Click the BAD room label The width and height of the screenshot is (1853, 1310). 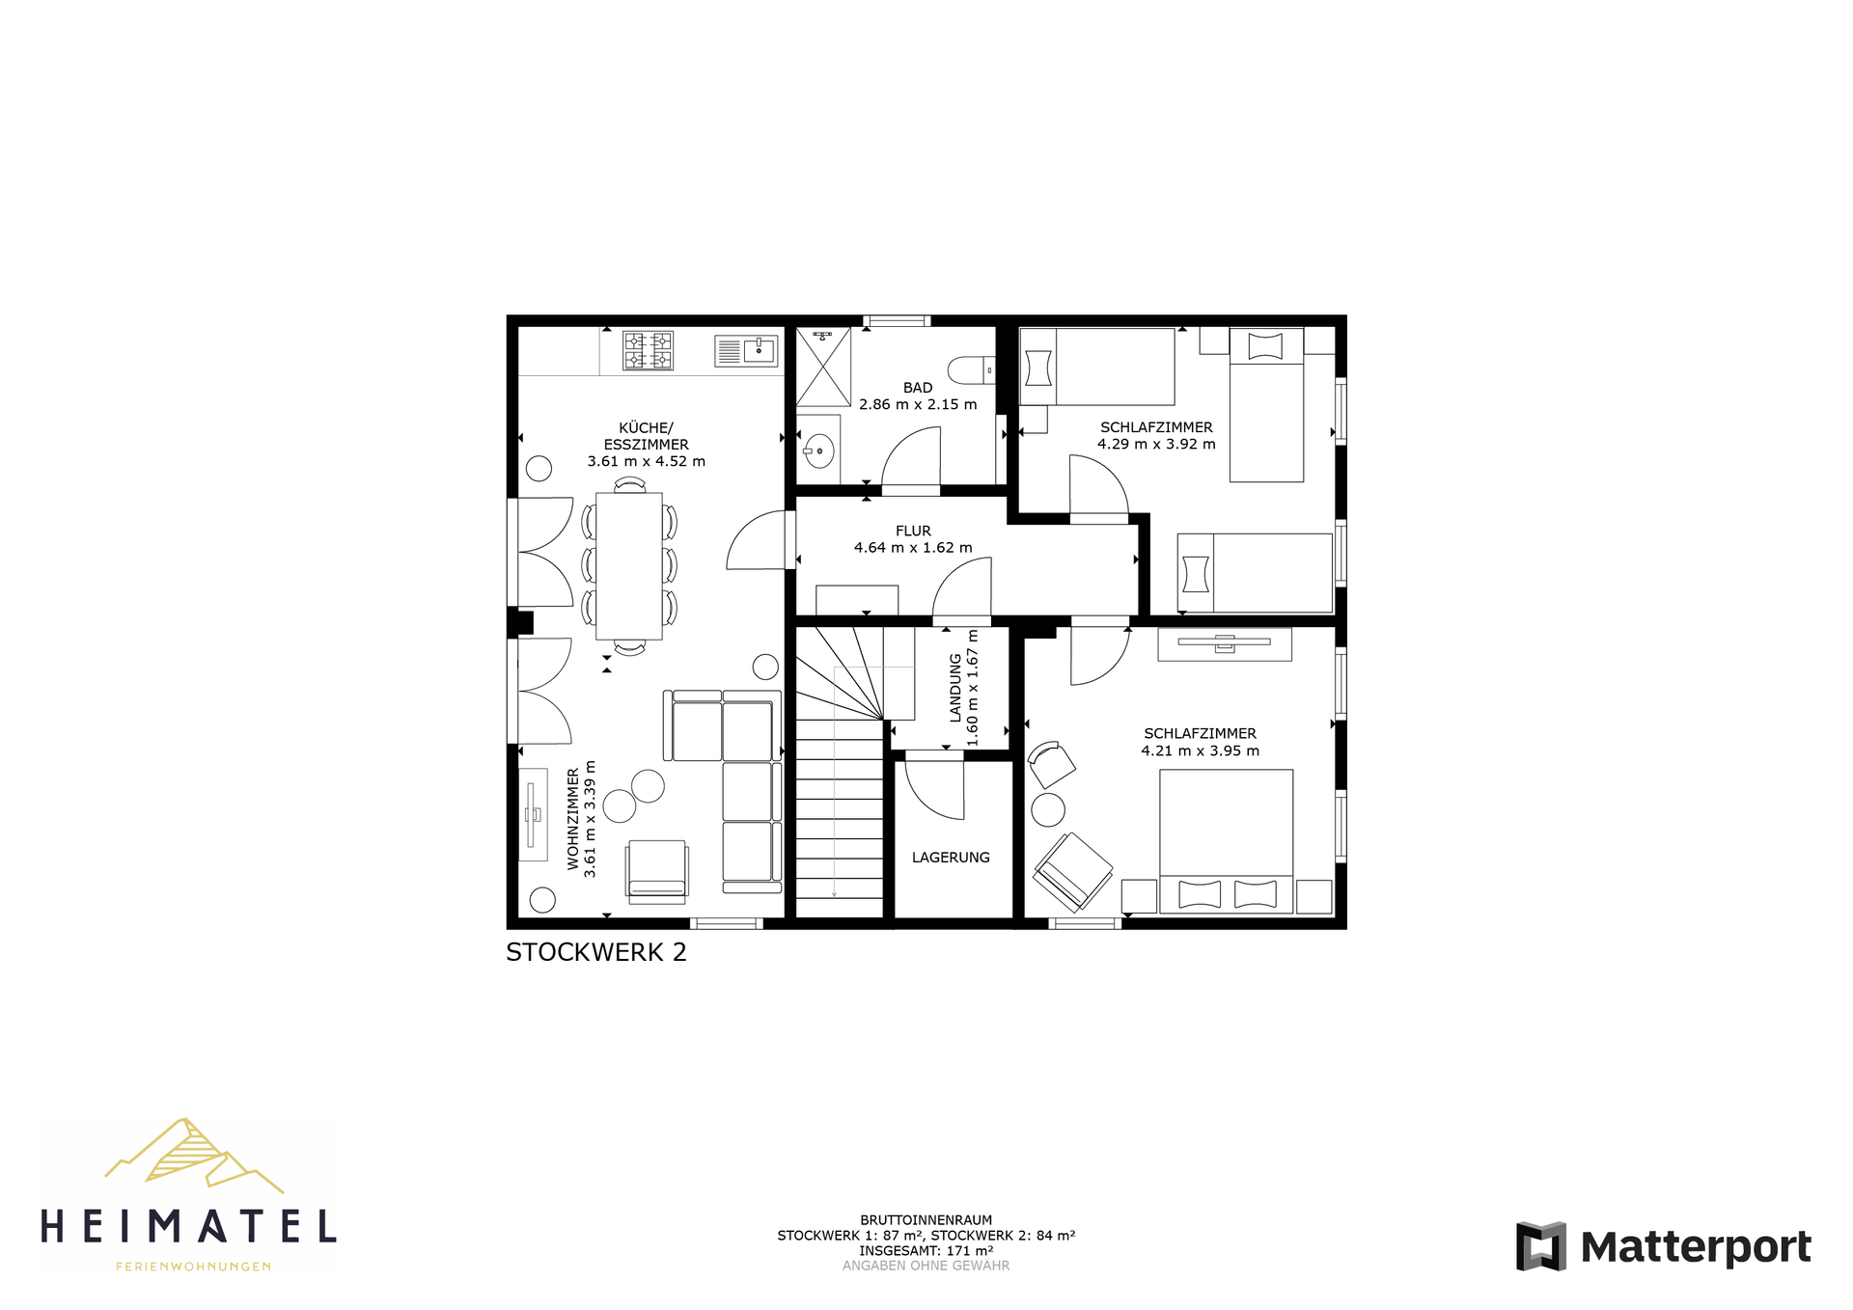tap(918, 388)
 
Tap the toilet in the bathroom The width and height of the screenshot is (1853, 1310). tap(971, 370)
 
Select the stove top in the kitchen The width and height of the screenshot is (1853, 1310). tap(648, 350)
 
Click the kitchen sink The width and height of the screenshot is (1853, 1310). tap(746, 350)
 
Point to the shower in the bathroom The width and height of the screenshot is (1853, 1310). tap(823, 367)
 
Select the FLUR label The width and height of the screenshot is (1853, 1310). tap(913, 531)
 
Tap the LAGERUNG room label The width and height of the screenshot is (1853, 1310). tap(951, 858)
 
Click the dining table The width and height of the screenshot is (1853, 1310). tap(629, 566)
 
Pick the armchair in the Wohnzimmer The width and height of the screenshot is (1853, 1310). tap(657, 871)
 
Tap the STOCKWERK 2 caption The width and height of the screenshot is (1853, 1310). tap(596, 952)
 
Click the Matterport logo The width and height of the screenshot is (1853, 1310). tap(1664, 1246)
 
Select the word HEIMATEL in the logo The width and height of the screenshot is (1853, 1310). tap(189, 1227)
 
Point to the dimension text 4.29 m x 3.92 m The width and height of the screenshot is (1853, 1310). tap(1156, 445)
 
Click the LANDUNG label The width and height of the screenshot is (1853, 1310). tap(955, 688)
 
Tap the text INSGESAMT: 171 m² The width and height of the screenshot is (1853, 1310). tap(926, 1250)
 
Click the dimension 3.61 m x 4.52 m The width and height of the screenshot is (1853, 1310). tap(647, 462)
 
